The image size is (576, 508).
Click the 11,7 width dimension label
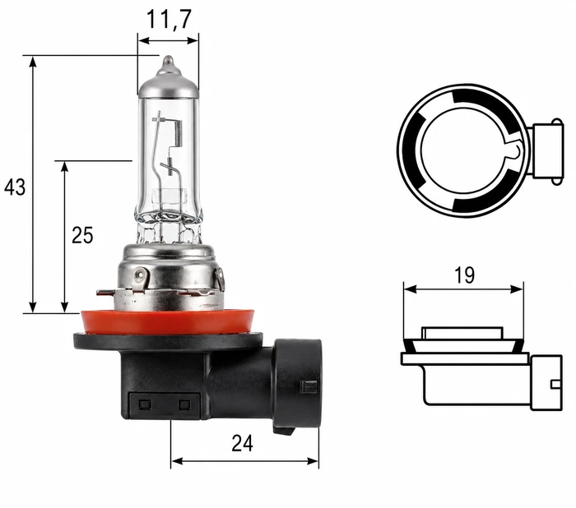pyautogui.click(x=169, y=19)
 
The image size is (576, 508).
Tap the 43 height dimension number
pyautogui.click(x=15, y=187)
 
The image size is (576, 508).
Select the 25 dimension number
pyautogui.click(x=82, y=235)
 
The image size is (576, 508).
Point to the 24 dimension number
pyautogui.click(x=242, y=443)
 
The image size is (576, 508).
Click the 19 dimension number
pyautogui.click(x=464, y=275)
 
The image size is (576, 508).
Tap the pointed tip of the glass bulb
pyautogui.click(x=168, y=58)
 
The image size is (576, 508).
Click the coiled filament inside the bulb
pyautogui.click(x=179, y=134)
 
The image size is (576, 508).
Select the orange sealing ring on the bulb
pyautogui.click(x=168, y=322)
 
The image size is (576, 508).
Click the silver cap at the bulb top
pyautogui.click(x=168, y=81)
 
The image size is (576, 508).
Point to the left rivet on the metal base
pyautogui.click(x=140, y=275)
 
